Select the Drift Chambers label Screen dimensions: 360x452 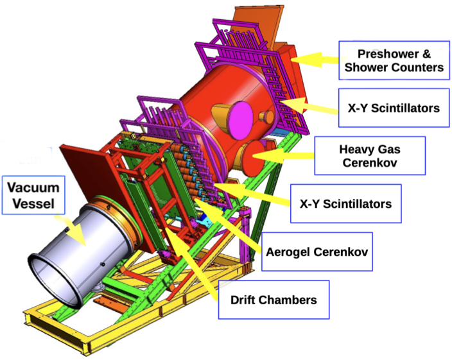coord(274,300)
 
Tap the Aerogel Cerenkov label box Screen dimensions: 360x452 coord(317,251)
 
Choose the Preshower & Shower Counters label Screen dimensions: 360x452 coord(391,60)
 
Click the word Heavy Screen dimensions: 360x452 coord(353,150)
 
